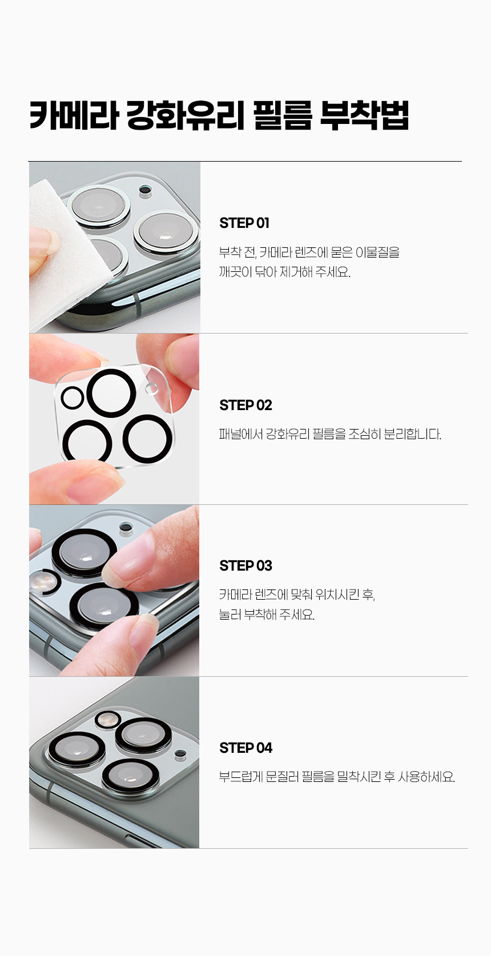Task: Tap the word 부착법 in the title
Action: (x=364, y=115)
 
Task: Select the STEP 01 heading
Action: (x=244, y=223)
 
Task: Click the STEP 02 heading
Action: (x=246, y=405)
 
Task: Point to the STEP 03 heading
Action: (x=246, y=566)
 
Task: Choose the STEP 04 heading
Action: (x=246, y=748)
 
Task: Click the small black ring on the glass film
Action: (x=72, y=398)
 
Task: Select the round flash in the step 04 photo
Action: (x=107, y=718)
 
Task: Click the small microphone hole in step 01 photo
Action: (x=145, y=190)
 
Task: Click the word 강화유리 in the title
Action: (x=186, y=115)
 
